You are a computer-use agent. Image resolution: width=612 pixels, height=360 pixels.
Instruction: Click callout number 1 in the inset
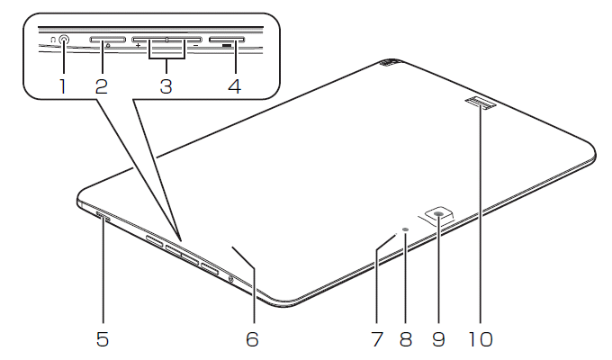click(x=62, y=86)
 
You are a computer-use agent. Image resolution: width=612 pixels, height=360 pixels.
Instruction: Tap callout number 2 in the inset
click(x=102, y=86)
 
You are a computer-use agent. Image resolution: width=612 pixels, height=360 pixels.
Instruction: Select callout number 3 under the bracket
click(x=166, y=86)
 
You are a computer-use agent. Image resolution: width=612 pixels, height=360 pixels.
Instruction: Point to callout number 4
click(x=235, y=86)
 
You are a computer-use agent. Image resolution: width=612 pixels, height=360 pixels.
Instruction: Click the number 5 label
click(x=103, y=339)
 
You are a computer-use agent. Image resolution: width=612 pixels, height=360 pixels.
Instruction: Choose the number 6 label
click(x=253, y=339)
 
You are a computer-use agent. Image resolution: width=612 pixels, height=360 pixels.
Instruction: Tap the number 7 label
click(x=377, y=339)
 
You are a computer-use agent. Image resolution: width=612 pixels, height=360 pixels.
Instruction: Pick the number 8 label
click(x=406, y=339)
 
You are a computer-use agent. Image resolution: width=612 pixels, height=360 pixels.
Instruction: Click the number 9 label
click(x=438, y=339)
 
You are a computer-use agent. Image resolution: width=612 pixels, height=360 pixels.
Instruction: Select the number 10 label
click(x=481, y=339)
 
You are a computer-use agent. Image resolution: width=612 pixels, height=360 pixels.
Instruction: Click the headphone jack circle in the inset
click(x=64, y=40)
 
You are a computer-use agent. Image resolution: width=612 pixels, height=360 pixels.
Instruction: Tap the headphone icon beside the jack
click(x=53, y=40)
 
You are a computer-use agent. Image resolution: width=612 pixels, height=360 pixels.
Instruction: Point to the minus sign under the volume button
click(x=195, y=45)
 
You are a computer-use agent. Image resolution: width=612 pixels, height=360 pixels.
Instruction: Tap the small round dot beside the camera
click(x=406, y=230)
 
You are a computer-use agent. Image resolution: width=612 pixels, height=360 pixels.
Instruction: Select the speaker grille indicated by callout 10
click(x=481, y=103)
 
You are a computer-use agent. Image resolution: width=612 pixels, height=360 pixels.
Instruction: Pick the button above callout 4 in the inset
click(x=227, y=40)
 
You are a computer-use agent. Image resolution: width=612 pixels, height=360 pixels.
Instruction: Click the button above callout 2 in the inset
click(x=108, y=40)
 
